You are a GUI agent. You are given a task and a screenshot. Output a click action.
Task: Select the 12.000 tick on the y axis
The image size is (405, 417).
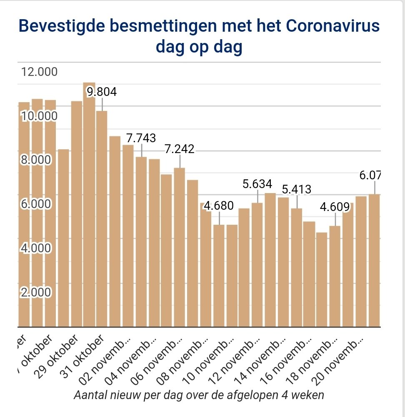pos(39,72)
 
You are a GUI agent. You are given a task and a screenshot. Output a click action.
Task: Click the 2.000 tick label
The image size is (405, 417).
pos(35,292)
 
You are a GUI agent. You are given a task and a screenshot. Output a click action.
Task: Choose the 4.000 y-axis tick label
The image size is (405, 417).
pos(35,248)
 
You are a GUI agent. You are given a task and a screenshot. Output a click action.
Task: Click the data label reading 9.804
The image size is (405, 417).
pos(101,92)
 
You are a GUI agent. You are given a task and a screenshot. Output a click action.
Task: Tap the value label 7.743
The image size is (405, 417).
pos(141,138)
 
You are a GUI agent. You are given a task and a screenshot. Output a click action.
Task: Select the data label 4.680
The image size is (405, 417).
pos(219,206)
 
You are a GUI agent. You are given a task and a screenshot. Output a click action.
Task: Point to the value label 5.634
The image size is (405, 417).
pos(257,184)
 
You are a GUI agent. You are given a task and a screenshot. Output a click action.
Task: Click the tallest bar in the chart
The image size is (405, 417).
pos(89,204)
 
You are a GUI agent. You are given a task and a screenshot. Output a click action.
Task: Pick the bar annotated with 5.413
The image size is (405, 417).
pos(296,267)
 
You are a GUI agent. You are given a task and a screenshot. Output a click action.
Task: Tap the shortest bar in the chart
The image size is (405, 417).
pos(322,279)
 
